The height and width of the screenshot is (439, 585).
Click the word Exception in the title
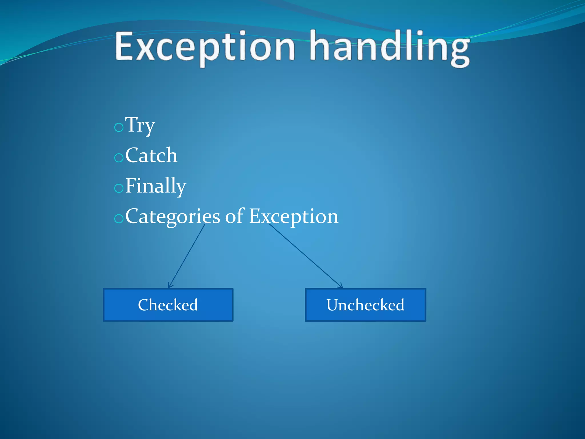(x=205, y=47)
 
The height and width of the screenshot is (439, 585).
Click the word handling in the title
(x=390, y=47)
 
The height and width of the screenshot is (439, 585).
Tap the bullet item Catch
(x=151, y=155)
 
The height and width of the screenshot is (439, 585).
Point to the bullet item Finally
(x=156, y=186)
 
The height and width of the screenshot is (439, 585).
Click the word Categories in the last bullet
(x=173, y=216)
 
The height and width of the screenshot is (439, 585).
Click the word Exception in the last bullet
(x=294, y=216)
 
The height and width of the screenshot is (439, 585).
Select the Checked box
(x=168, y=305)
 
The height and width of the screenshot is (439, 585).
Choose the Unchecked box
(x=365, y=305)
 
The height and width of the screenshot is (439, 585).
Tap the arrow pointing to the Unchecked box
(x=306, y=256)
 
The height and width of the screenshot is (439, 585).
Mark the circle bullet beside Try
(x=119, y=127)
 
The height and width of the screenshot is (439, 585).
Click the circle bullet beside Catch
(x=119, y=157)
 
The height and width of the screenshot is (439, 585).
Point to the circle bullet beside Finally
(x=119, y=188)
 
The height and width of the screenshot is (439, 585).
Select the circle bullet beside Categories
(x=119, y=219)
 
